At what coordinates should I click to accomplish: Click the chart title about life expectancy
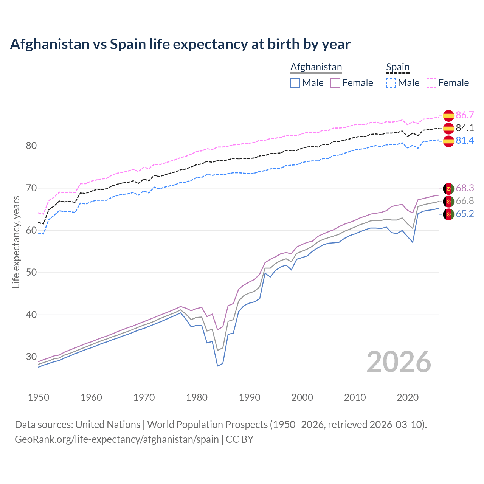pos(180,44)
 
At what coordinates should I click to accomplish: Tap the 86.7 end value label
pos(465,115)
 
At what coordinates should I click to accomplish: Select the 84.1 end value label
pos(465,128)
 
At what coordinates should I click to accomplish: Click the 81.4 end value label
pos(465,141)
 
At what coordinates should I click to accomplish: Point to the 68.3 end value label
pos(465,188)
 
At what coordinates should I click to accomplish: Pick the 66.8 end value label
pos(465,201)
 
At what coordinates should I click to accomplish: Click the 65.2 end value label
pos(465,214)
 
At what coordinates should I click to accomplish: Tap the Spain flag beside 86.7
pos(448,115)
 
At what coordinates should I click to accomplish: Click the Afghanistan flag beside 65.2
pos(448,214)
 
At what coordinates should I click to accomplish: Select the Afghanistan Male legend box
pos(295,83)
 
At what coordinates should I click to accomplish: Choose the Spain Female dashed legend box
pos(431,83)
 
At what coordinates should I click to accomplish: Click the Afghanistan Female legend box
pos(335,83)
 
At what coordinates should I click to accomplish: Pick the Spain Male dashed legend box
pos(391,83)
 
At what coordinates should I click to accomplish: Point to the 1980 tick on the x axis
pos(197,397)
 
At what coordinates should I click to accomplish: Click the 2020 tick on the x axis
pos(408,397)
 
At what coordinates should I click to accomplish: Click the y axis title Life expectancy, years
pos(16,242)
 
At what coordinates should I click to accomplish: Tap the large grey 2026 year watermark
pos(399,362)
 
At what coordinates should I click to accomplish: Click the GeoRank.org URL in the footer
pos(116,439)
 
